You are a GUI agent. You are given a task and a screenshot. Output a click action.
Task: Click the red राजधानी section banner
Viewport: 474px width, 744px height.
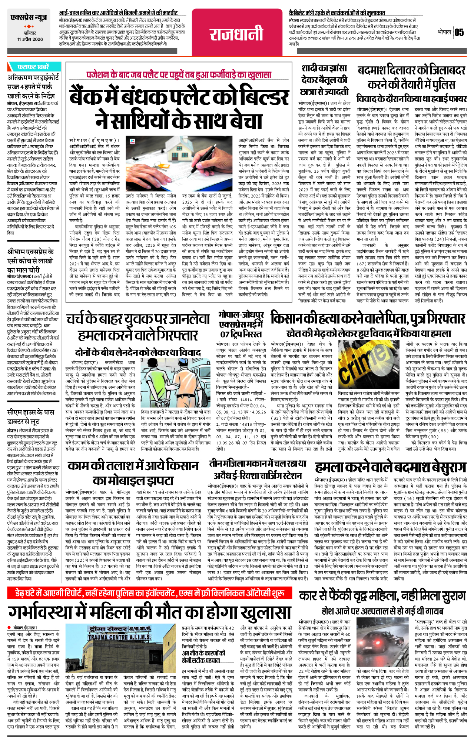[236, 34]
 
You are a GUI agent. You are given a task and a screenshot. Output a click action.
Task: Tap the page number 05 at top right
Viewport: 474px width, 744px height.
[459, 33]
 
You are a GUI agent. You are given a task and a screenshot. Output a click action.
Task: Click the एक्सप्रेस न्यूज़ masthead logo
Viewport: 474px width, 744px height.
[29, 17]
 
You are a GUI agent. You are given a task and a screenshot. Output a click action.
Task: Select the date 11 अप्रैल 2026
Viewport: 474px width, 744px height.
[30, 39]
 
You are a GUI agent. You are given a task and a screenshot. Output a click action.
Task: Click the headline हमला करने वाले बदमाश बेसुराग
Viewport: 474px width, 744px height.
[390, 468]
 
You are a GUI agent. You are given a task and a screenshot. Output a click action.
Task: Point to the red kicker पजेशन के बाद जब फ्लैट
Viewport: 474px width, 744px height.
[179, 75]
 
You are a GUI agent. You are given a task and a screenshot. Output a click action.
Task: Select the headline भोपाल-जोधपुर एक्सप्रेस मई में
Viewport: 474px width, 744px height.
[241, 324]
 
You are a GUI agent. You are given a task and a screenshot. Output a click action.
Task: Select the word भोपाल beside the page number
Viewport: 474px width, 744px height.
[444, 33]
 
